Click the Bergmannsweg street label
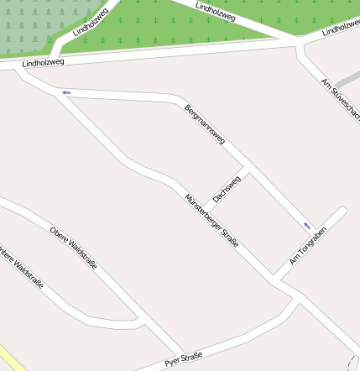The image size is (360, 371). point(205,125)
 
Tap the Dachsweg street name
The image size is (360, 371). point(227,189)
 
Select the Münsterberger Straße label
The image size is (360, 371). point(212,219)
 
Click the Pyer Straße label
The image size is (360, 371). point(184,360)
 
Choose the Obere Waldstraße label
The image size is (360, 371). point(73,248)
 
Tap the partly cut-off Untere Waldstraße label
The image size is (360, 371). point(20,268)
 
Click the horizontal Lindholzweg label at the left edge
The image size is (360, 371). point(43,62)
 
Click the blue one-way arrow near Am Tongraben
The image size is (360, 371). point(307,225)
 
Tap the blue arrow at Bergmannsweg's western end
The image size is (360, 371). point(65,92)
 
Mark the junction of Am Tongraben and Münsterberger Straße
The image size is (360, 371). point(274,277)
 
